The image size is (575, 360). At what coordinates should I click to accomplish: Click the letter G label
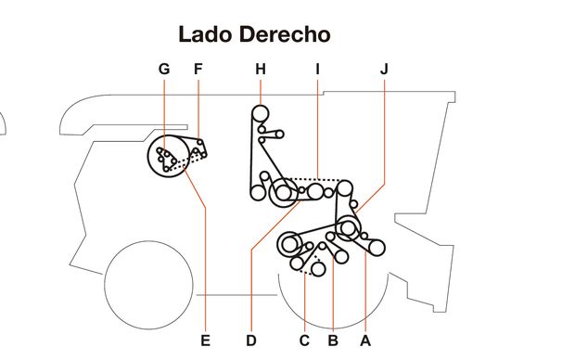click(164, 70)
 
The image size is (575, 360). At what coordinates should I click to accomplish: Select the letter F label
click(198, 70)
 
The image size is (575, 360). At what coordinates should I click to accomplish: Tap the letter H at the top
click(261, 70)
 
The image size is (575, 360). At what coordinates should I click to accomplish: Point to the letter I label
click(317, 70)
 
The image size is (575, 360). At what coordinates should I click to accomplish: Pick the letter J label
click(384, 70)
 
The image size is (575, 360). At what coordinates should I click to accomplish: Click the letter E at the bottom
click(205, 341)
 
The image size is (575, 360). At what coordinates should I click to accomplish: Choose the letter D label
click(251, 341)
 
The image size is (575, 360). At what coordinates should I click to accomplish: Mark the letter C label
click(304, 341)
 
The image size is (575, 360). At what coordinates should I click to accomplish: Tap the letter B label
click(332, 341)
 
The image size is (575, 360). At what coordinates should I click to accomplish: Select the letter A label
click(365, 341)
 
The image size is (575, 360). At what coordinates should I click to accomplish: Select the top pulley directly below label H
click(261, 114)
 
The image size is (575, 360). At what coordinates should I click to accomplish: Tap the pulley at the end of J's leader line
click(349, 227)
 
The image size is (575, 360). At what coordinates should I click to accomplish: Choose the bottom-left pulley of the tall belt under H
click(256, 193)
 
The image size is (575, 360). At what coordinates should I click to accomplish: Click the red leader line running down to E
click(205, 260)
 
